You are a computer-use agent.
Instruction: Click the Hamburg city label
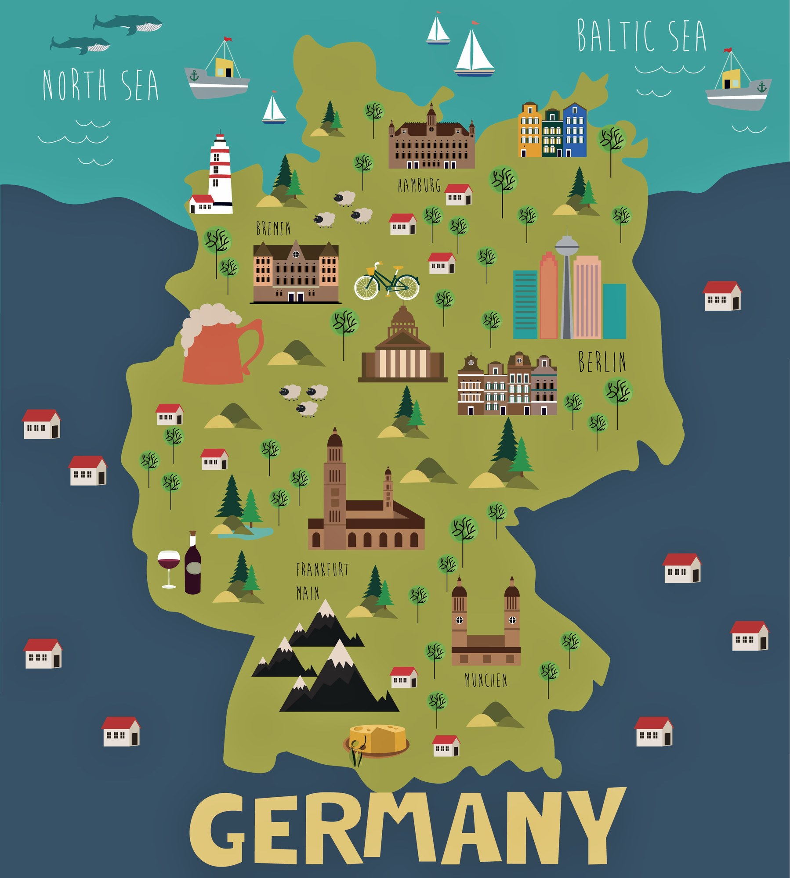coord(419,186)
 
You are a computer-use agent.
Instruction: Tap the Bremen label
coord(273,229)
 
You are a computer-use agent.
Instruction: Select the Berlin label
coord(602,362)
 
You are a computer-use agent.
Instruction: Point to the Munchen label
coord(486,680)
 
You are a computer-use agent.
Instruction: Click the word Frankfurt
coord(322,570)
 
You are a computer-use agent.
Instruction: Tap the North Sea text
coord(101,85)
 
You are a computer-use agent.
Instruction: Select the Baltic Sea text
coord(641,36)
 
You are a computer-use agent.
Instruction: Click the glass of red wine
coord(169,566)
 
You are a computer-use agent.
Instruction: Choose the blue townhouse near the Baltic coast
coord(574,130)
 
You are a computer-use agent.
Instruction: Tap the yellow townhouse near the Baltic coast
coord(529,130)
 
